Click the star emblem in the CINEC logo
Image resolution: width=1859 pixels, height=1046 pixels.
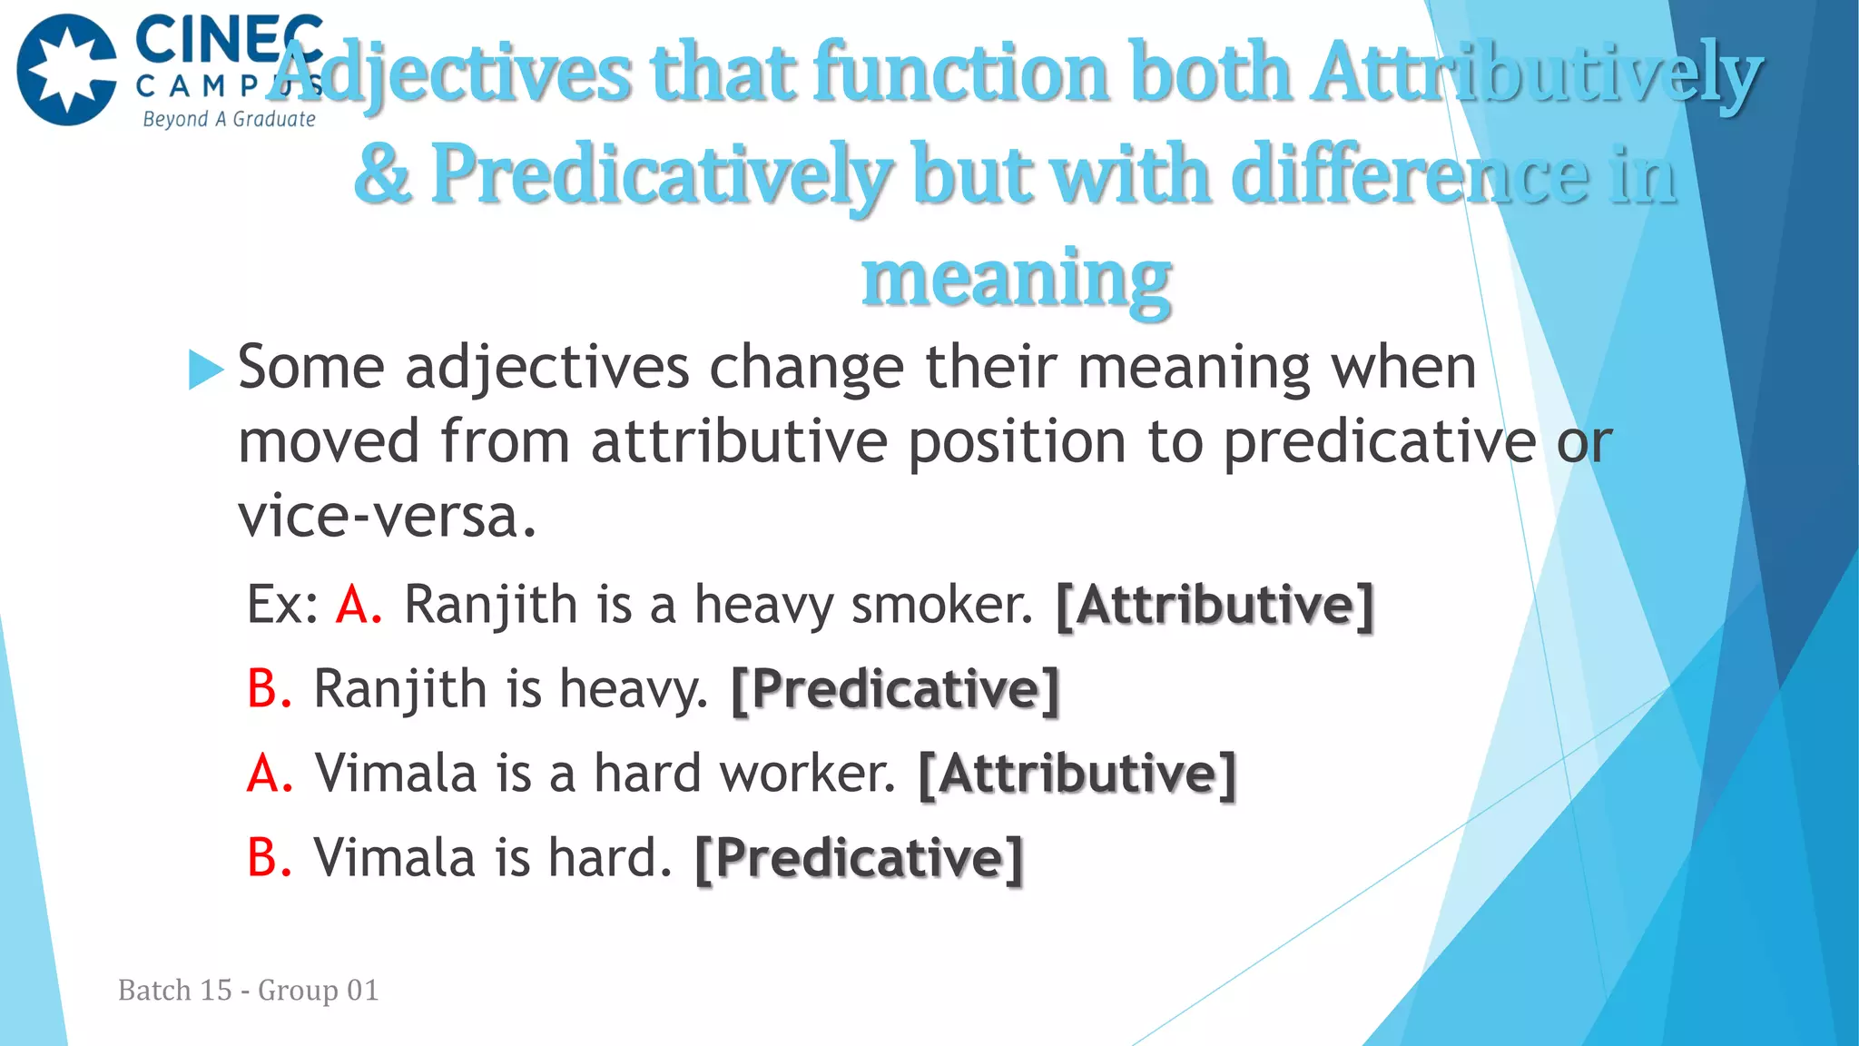tap(67, 70)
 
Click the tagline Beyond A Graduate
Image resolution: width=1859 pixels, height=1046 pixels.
tap(229, 119)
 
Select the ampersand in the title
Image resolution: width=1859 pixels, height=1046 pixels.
tap(382, 174)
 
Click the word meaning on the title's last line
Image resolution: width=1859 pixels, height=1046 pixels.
tap(1016, 278)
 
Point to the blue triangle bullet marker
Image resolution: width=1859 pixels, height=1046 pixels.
tap(205, 370)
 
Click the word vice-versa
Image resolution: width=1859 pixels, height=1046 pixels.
tap(388, 516)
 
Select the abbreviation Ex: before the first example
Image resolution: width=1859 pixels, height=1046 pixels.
tap(282, 605)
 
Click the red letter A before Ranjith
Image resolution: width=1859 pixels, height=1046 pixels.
tap(358, 605)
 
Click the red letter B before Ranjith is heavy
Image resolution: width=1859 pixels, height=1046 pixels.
tap(269, 688)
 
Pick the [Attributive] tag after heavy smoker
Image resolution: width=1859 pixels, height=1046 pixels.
tap(1215, 605)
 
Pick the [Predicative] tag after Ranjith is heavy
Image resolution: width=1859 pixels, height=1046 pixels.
tap(895, 689)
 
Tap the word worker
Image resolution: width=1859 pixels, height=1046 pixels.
tap(807, 774)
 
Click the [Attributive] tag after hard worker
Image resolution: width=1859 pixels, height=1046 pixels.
tap(1077, 774)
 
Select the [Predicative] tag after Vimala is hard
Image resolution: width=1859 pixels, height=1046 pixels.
tap(859, 858)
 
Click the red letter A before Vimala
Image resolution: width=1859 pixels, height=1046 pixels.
tap(270, 774)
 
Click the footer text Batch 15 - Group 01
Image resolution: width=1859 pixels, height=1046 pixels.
tap(248, 990)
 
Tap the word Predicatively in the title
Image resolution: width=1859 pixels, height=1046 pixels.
tap(662, 174)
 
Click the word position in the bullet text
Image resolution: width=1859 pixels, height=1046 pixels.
tap(1017, 442)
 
